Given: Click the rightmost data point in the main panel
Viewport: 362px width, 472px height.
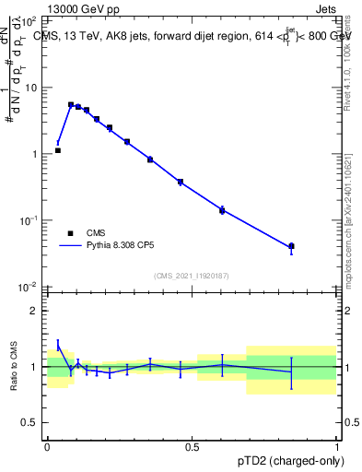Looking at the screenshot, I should coord(292,246).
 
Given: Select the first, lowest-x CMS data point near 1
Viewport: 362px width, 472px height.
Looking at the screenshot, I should coord(58,150).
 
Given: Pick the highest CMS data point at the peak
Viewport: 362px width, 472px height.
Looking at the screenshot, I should coord(71,105).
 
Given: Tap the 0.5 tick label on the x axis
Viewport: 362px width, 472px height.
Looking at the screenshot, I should coord(192,446).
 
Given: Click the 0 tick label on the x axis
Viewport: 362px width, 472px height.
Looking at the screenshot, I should coord(47,446).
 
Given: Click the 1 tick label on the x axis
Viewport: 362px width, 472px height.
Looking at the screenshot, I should coord(337,446).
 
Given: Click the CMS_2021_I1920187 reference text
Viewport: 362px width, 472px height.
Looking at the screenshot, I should coord(191,276).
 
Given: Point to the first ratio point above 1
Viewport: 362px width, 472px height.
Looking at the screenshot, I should coord(58,345).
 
